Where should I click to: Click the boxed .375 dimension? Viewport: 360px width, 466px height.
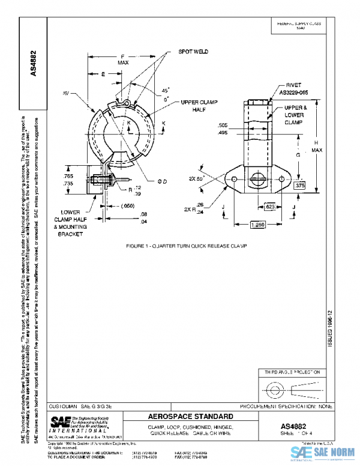tap(300, 186)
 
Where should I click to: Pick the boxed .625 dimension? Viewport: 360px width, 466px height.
tap(272, 206)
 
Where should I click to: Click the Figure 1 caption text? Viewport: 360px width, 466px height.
tap(187, 247)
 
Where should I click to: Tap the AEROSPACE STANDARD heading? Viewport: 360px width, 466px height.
tap(190, 416)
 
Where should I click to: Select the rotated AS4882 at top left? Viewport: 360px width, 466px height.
tap(34, 62)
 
